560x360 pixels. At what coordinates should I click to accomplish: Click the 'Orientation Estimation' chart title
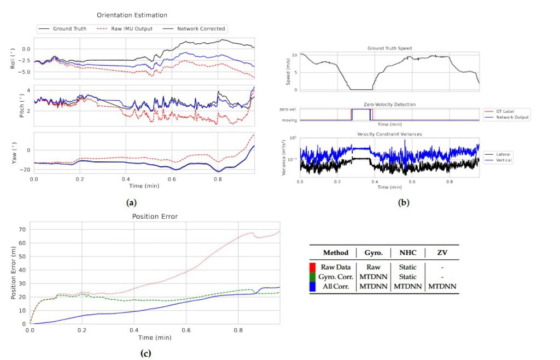[132, 15]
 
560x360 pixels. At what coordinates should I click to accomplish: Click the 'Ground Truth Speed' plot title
[389, 49]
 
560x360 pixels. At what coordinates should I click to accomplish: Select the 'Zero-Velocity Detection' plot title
[389, 104]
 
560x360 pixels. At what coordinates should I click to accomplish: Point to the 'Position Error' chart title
[155, 217]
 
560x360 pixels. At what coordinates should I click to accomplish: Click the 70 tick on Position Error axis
[22, 230]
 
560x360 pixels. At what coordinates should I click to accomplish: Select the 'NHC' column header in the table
[407, 253]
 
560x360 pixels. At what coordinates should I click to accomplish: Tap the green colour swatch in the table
[313, 276]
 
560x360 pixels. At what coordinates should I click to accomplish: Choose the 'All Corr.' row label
[336, 286]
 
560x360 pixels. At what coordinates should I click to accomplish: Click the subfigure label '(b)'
[404, 203]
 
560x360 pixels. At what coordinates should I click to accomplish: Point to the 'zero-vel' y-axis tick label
[289, 110]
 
